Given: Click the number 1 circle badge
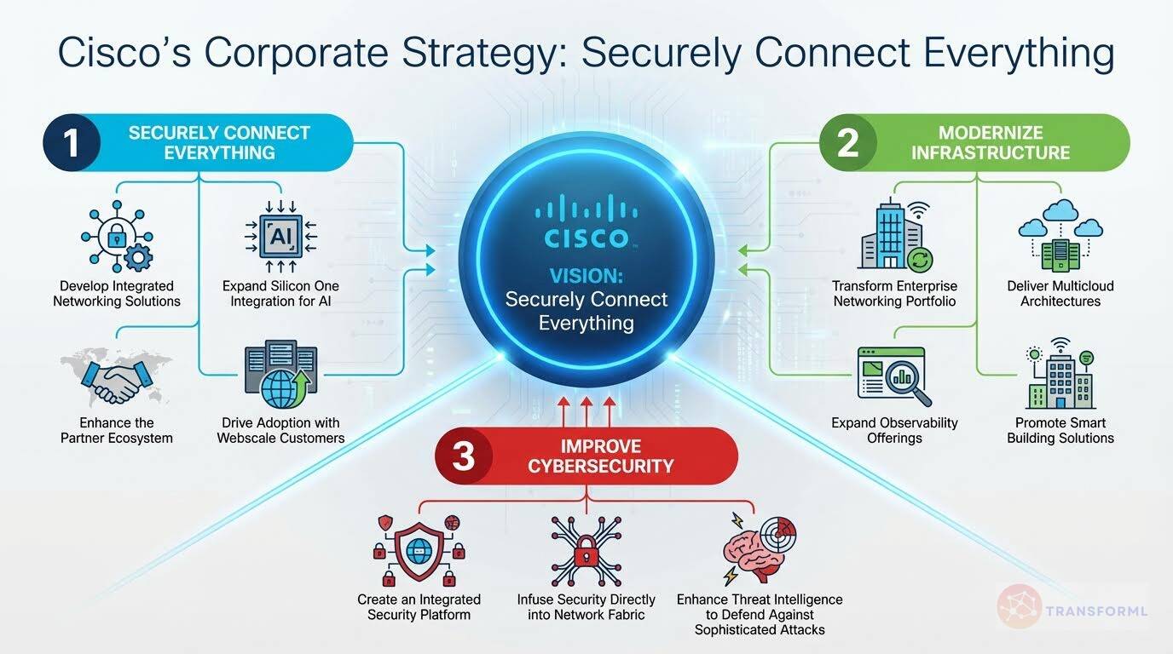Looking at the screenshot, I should pos(72,143).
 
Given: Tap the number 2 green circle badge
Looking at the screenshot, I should pos(847,143).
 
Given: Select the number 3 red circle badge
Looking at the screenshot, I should pos(463,456).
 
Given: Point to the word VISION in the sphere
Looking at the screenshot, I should pos(586,276).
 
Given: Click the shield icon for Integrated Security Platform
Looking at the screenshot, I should pos(419,549).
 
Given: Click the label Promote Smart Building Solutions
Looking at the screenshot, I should pos(1060,430).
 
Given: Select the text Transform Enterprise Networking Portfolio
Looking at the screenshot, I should pos(895,294).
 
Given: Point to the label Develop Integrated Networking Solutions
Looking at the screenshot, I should pos(117,294).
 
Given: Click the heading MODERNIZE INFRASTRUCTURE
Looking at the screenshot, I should pos(990,143).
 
